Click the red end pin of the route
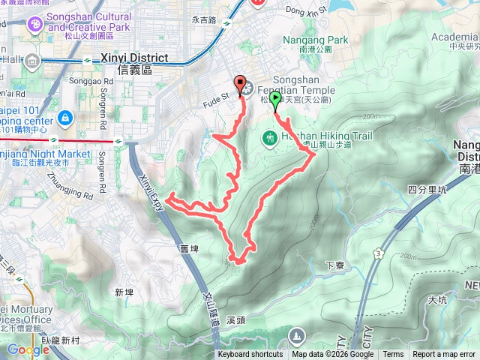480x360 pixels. coord(240,85)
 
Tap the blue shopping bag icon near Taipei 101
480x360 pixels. coord(65,118)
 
